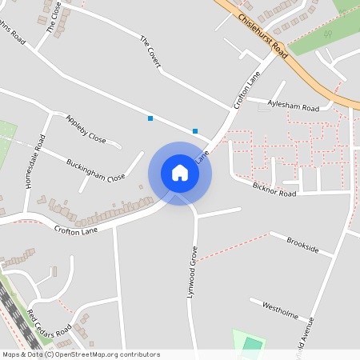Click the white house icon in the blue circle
(x=180, y=173)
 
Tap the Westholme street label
(x=274, y=310)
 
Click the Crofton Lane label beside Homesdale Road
(x=76, y=229)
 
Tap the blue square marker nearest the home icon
(x=195, y=130)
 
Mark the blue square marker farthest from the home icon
(x=150, y=118)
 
